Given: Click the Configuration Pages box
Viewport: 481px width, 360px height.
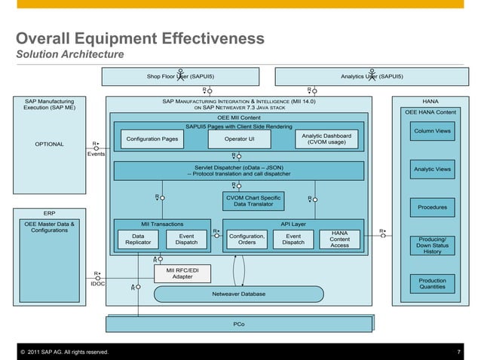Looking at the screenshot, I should pyautogui.click(x=152, y=139).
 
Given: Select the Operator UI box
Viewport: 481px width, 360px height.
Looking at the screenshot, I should pyautogui.click(x=240, y=139).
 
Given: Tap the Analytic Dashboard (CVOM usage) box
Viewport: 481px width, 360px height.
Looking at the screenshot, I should pyautogui.click(x=326, y=139).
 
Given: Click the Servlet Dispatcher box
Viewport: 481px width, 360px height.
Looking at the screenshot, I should pyautogui.click(x=240, y=171).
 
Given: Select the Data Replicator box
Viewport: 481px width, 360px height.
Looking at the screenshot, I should pyautogui.click(x=138, y=239).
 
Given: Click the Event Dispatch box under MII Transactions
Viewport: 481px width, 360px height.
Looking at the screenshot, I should pyautogui.click(x=186, y=239).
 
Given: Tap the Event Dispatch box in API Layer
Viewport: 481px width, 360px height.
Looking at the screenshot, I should pyautogui.click(x=293, y=239).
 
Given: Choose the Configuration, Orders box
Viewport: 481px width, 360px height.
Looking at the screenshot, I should pyautogui.click(x=247, y=239).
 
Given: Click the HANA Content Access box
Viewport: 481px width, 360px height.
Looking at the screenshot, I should pyautogui.click(x=339, y=239).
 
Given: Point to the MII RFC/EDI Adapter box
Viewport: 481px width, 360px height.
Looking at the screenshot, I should pyautogui.click(x=182, y=273).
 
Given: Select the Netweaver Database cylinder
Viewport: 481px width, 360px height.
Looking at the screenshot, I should pyautogui.click(x=238, y=293).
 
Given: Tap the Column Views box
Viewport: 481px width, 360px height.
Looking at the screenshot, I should pyautogui.click(x=432, y=132).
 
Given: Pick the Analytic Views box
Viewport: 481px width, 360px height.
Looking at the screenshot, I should pyautogui.click(x=432, y=169).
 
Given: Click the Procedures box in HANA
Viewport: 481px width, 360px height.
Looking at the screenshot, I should pyautogui.click(x=432, y=207).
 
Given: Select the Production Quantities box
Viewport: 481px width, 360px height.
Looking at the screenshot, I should pyautogui.click(x=432, y=282).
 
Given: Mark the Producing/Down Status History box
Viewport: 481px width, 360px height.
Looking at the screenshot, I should pyautogui.click(x=432, y=246).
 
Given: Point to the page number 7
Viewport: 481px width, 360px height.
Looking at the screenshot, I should pyautogui.click(x=458, y=352).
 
